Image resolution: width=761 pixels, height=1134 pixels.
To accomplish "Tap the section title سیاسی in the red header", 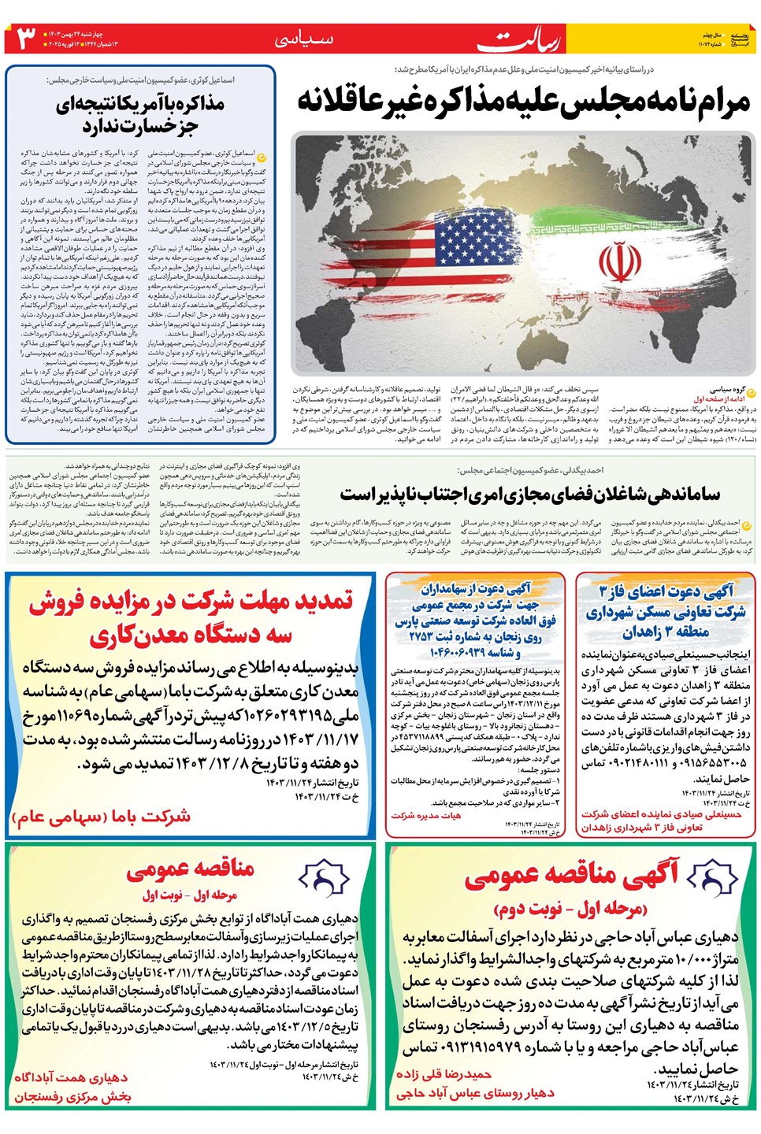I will click(304, 39).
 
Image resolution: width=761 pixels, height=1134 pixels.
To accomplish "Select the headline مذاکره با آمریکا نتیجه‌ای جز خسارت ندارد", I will click(139, 114).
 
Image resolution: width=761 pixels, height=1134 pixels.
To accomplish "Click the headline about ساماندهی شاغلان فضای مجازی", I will click(529, 494).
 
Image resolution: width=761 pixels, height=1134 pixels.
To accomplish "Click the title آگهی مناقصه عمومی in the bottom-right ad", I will click(570, 874).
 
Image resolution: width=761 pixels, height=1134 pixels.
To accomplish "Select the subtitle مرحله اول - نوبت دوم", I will click(570, 909).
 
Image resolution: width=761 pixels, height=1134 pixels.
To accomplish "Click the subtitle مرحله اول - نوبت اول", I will click(190, 895).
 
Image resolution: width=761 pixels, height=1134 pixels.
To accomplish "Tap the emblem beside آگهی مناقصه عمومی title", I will click(712, 876).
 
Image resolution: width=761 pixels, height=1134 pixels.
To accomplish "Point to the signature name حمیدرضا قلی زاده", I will click(444, 1074).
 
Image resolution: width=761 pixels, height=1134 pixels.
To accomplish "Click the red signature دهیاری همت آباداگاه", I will click(71, 1077).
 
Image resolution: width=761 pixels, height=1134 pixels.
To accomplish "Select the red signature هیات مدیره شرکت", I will click(426, 815).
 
